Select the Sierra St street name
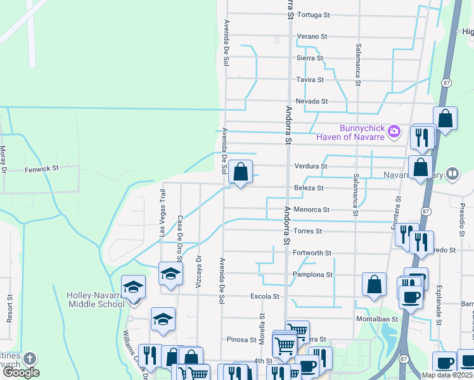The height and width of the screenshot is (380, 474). tap(310, 58)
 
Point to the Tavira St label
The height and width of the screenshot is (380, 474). tap(310, 80)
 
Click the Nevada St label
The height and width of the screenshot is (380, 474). tap(312, 101)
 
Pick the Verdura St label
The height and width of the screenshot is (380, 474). tap(311, 167)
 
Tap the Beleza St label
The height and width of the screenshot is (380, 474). tap(309, 188)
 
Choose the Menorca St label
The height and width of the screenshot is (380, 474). tap(312, 210)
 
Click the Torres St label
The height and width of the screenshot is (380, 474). tap(309, 231)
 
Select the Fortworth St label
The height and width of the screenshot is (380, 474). tap(312, 253)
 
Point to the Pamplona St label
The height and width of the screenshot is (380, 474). tap(312, 275)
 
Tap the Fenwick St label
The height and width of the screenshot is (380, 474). tap(42, 169)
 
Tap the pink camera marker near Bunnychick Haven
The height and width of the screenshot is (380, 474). tap(394, 132)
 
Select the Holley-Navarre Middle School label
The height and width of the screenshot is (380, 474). tap(96, 300)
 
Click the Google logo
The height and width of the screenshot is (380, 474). tap(21, 372)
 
